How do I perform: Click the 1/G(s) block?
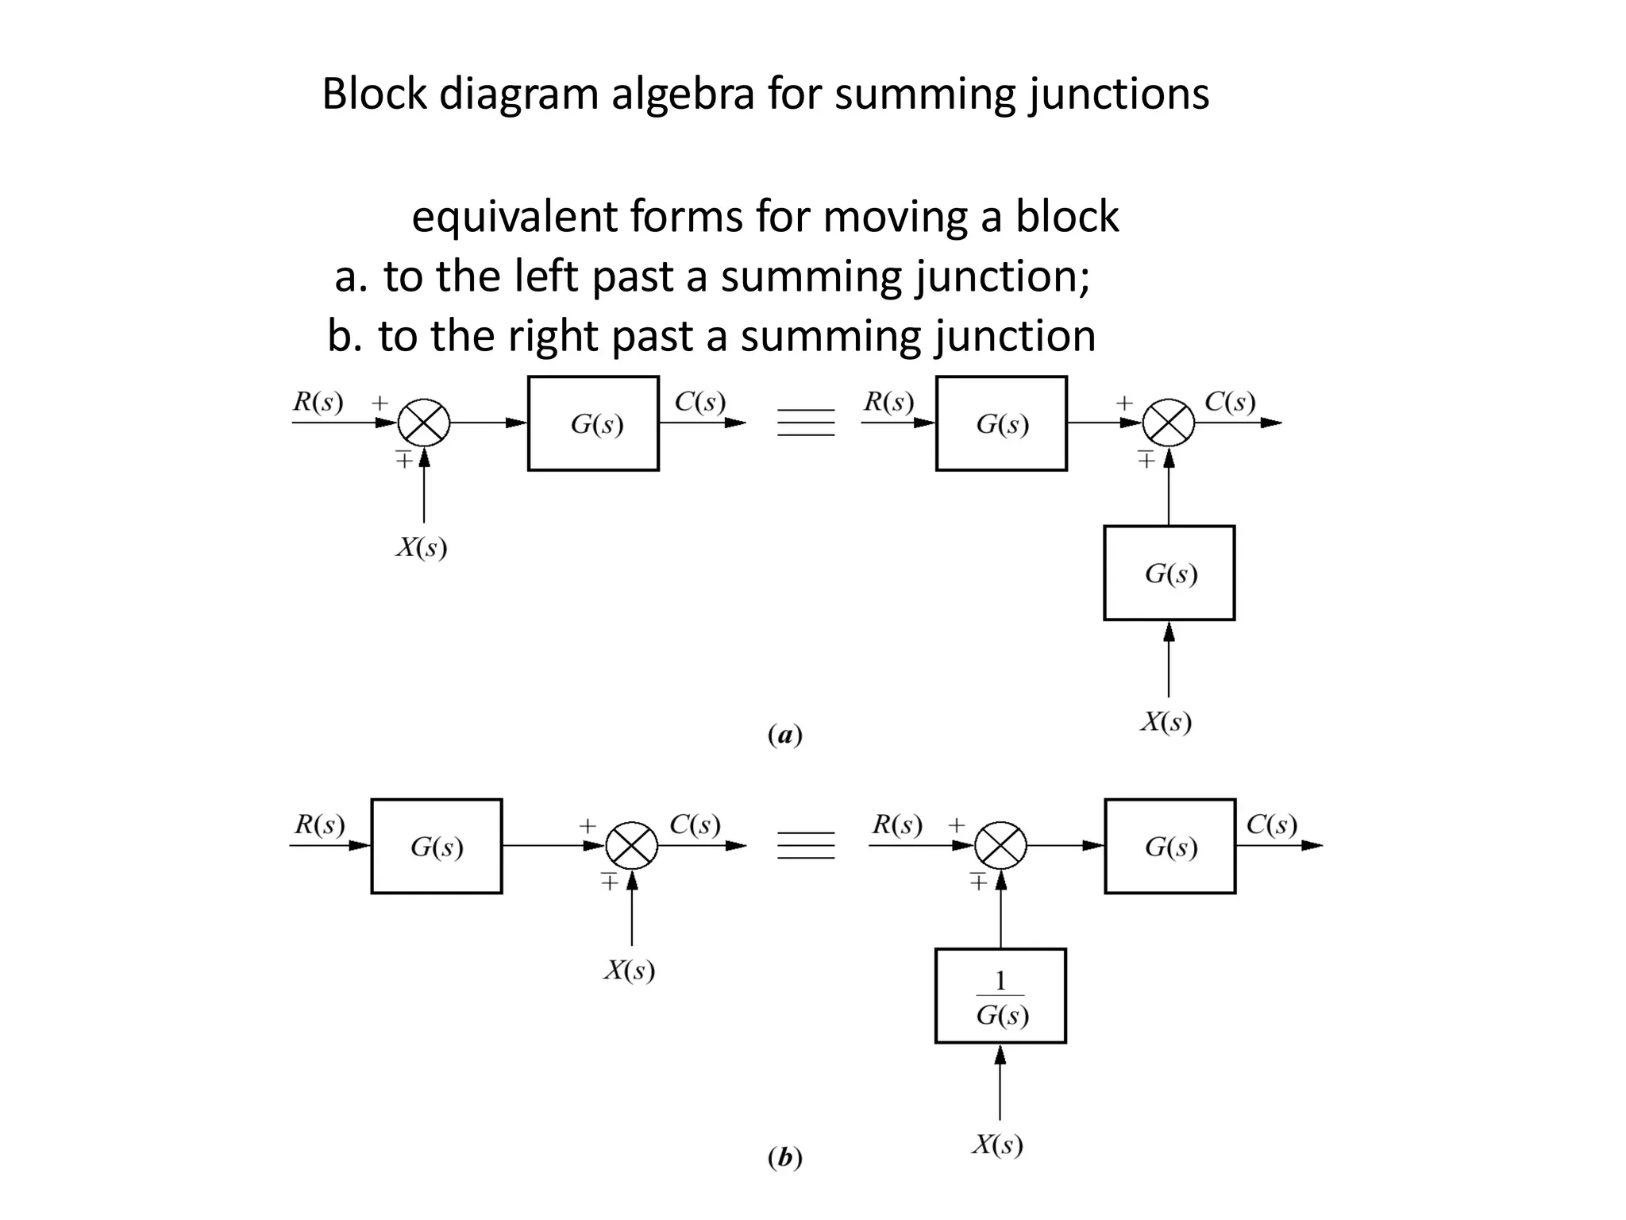(x=1000, y=995)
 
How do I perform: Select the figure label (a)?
(x=785, y=735)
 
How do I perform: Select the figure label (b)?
(x=785, y=1158)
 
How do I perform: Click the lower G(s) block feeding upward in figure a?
(x=1169, y=573)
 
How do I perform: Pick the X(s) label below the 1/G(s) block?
(x=998, y=1145)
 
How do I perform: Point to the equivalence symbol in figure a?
(x=806, y=423)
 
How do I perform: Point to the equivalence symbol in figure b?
(x=806, y=845)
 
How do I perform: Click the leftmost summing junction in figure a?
(x=424, y=423)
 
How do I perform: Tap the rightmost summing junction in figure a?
(x=1169, y=423)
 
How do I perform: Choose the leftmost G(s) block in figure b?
(x=437, y=846)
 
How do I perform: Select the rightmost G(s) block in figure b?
(x=1169, y=846)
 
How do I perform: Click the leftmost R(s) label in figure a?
(x=318, y=402)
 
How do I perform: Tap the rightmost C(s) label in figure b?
(x=1271, y=824)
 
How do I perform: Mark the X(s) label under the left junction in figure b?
(x=630, y=971)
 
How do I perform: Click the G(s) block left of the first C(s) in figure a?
(x=593, y=423)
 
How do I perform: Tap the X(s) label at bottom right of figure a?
(x=1166, y=722)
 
